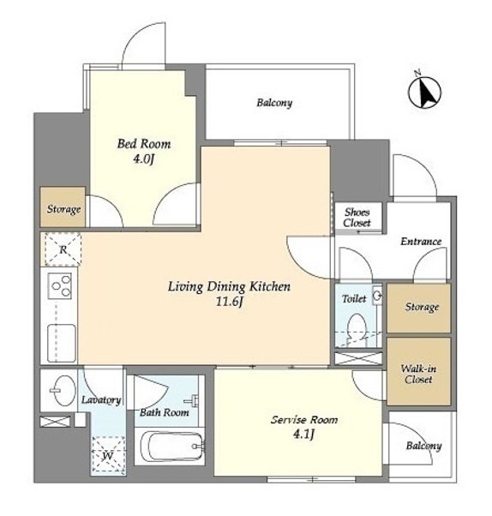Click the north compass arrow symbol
[x=424, y=92]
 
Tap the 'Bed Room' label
[x=144, y=144]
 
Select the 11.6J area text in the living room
[x=229, y=302]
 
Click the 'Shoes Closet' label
[x=357, y=218]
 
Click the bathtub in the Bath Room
[x=172, y=447]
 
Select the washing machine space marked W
[x=108, y=456]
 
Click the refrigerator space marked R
[x=63, y=249]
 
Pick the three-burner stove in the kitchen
[x=60, y=285]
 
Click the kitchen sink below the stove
[x=62, y=343]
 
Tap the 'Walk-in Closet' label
[x=418, y=374]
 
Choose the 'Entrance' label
[x=421, y=242]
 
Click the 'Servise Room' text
[x=304, y=420]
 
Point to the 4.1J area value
[x=303, y=435]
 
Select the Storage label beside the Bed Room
[x=63, y=209]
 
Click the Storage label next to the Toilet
[x=422, y=307]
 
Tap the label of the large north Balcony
[x=274, y=103]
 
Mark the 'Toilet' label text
[x=354, y=299]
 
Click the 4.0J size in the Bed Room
[x=143, y=159]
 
